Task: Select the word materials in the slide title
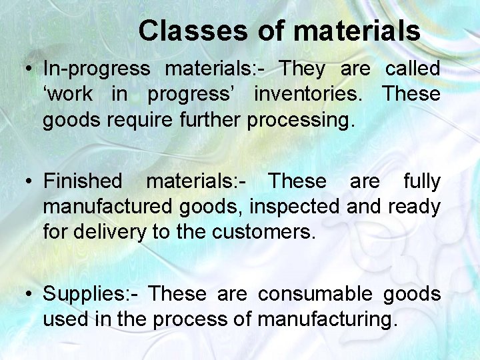357,31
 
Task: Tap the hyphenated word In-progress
97,69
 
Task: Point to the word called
412,68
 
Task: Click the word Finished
83,181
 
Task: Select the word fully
421,181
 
